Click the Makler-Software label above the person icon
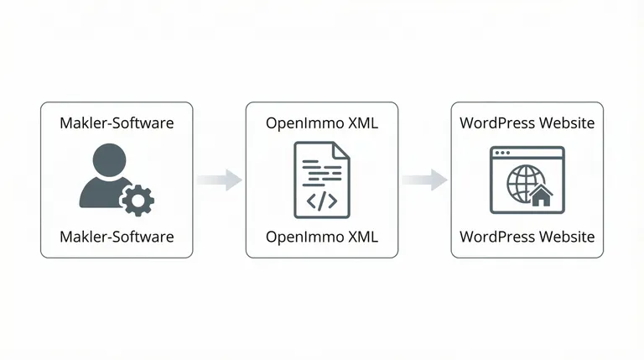[117, 123]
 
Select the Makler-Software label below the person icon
[117, 237]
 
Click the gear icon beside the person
[138, 200]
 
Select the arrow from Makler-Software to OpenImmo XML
[220, 180]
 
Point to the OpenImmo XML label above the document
[322, 123]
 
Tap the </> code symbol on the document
[321, 201]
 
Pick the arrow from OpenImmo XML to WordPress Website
[424, 180]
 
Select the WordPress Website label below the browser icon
[527, 237]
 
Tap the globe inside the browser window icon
[524, 185]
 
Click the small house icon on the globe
[542, 196]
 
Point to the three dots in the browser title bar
[503, 153]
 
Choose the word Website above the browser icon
[565, 123]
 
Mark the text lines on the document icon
[319, 173]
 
